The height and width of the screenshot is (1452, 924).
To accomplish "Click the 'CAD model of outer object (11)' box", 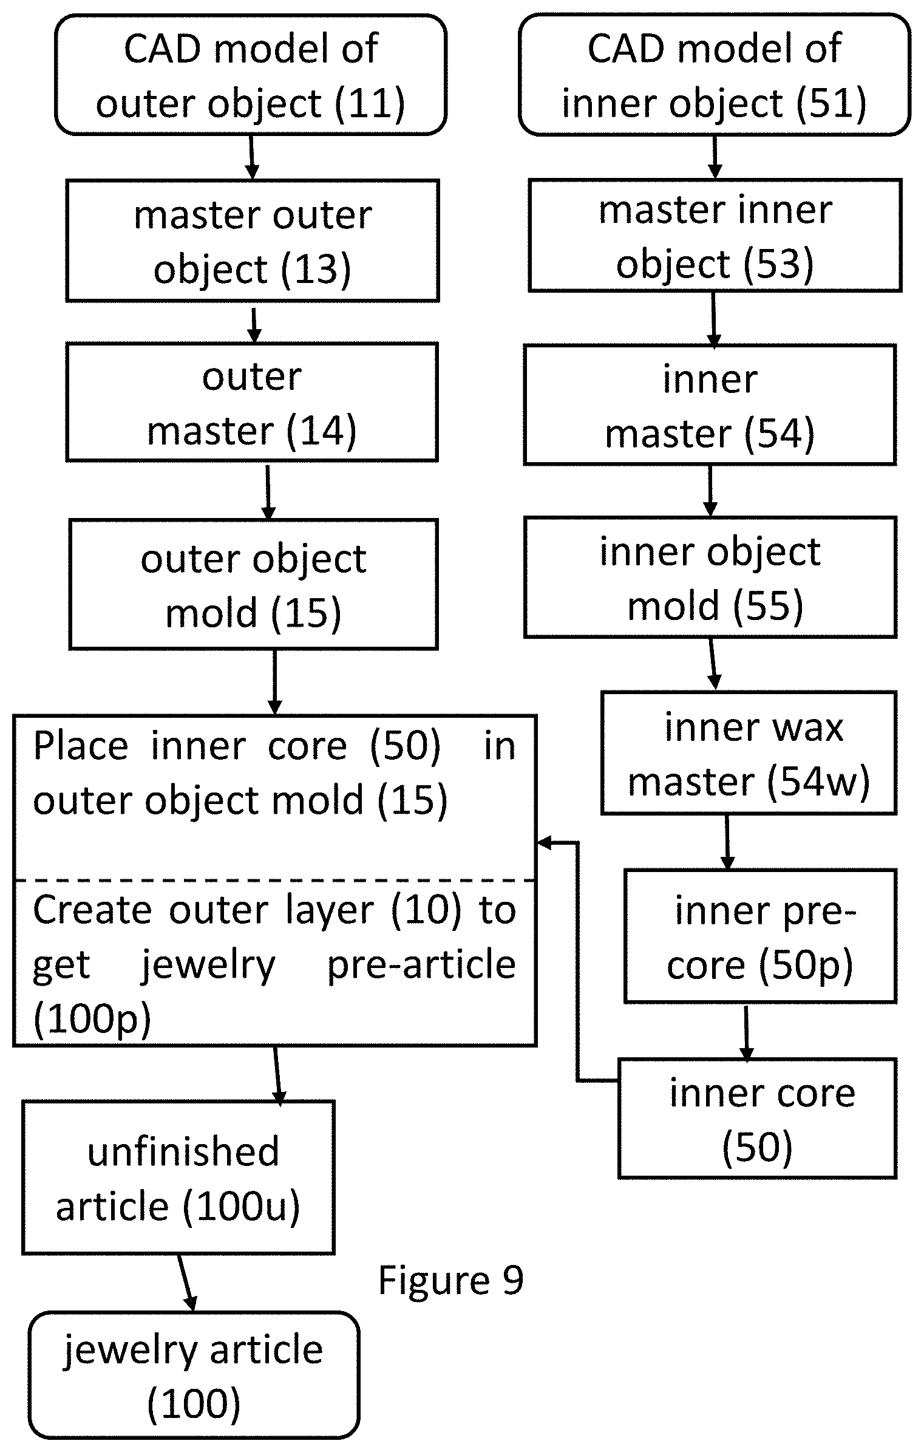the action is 251,75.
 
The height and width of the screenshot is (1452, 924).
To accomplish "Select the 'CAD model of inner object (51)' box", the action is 715,75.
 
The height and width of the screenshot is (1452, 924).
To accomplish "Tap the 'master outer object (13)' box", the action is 252,240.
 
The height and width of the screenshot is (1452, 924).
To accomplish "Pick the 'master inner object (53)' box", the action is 715,236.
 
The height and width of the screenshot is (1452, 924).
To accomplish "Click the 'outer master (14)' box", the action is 252,402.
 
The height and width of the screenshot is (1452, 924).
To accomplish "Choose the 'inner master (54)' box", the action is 710,405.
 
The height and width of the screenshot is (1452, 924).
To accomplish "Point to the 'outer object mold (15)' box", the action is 253,584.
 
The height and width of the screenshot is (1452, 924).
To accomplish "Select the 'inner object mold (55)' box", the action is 710,578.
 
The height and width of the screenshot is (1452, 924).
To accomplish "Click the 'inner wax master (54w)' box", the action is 749,753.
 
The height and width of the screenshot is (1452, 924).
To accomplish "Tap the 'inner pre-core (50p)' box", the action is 761,936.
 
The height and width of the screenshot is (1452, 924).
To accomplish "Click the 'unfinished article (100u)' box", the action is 178,1178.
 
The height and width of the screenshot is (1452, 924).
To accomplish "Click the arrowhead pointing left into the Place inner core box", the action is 544,842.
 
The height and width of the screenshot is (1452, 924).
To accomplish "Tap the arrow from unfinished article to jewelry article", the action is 187,1283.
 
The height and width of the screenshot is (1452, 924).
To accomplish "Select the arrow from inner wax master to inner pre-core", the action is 727,842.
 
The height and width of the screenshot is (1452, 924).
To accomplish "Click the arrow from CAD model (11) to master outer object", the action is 251,157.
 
